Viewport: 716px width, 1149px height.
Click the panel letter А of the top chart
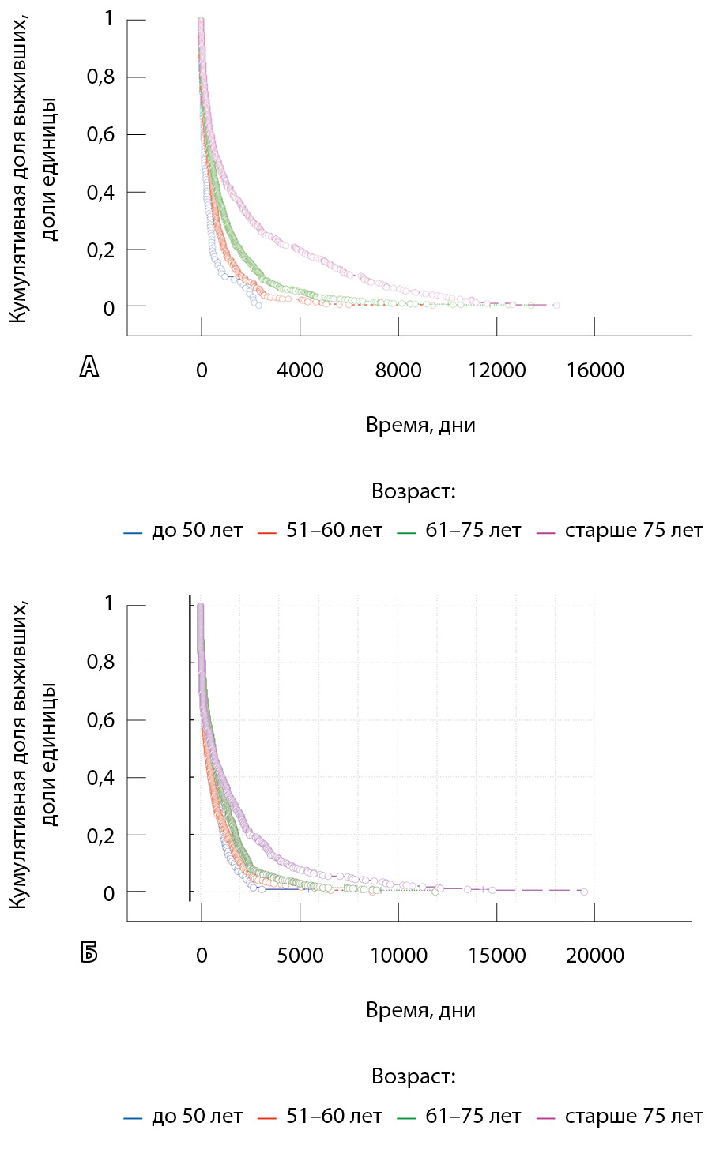click(89, 366)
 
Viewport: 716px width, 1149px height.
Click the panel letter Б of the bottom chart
click(89, 952)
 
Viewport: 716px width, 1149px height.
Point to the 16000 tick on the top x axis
click(595, 370)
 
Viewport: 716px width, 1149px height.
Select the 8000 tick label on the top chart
click(398, 370)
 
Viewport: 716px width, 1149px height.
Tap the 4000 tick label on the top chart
click(300, 370)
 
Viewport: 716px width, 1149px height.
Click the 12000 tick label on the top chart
click(497, 370)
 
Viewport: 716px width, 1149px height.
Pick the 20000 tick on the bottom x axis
click(595, 956)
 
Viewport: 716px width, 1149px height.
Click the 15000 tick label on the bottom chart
click(497, 956)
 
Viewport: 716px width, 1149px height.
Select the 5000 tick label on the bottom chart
click(300, 956)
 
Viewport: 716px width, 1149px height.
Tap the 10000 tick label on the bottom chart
click(399, 956)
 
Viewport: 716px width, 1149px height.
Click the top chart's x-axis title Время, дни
click(420, 426)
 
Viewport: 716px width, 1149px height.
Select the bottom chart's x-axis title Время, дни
click(420, 1011)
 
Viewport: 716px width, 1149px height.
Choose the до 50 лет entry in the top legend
click(196, 531)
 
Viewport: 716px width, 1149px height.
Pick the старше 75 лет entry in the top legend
click(633, 531)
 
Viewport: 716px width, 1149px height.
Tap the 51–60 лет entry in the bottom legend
click(334, 1117)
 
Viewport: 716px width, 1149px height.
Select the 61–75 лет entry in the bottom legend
click(473, 1117)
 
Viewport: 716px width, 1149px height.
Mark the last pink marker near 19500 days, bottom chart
click(584, 891)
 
